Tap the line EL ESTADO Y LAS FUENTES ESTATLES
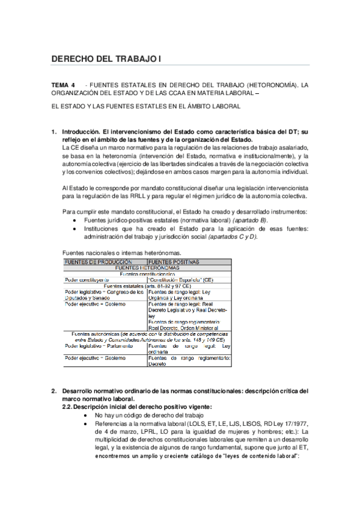pos(146,106)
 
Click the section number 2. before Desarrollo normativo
pos(54,391)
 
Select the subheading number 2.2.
pos(69,407)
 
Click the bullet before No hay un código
pos(88,416)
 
